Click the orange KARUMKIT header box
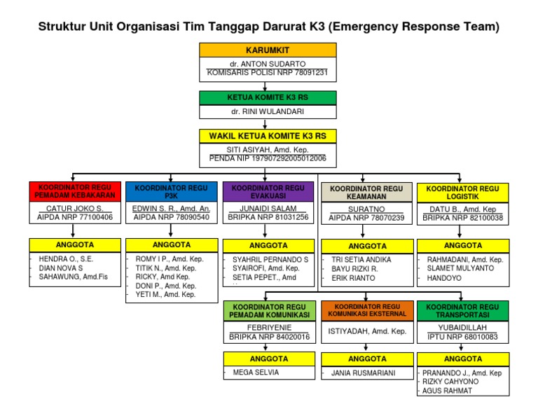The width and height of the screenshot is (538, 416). tap(263, 50)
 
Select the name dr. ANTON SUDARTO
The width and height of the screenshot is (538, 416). tap(263, 64)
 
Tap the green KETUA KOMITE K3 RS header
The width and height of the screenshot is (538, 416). tap(263, 97)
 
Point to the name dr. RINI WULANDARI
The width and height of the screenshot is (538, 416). tap(263, 111)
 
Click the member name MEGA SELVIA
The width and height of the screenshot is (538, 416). tap(256, 372)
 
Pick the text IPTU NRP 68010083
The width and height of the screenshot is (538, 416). tap(462, 337)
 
